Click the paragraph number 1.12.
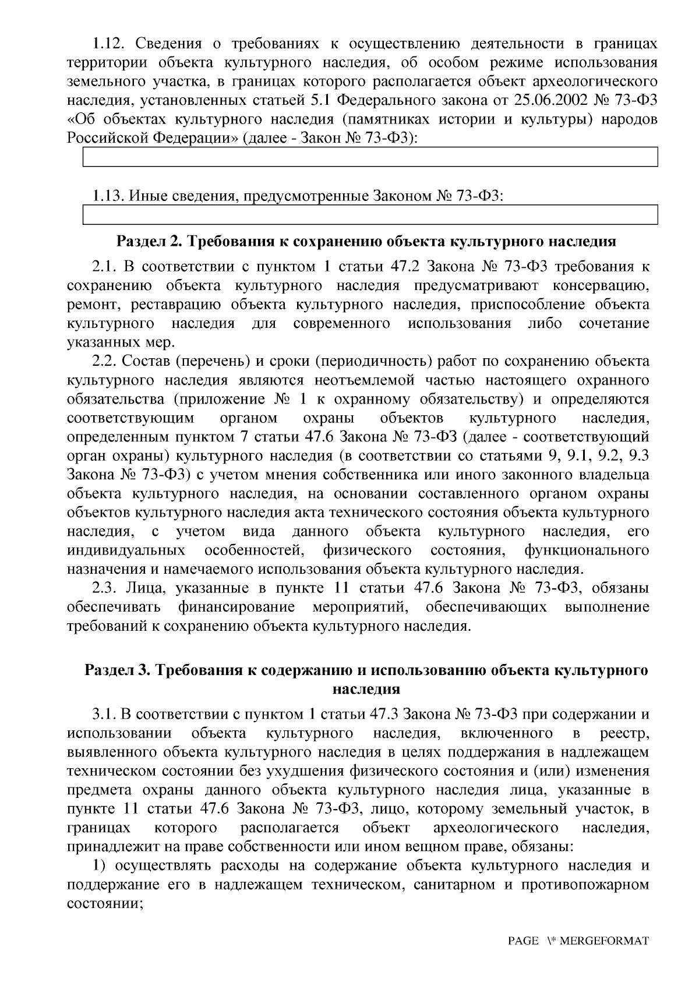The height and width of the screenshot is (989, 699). (x=106, y=44)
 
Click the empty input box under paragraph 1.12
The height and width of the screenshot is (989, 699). (x=370, y=157)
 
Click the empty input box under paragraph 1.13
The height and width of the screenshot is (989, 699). (x=370, y=215)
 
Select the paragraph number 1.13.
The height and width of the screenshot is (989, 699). (x=107, y=196)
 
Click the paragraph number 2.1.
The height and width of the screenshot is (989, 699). (x=105, y=267)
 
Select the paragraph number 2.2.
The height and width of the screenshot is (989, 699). (x=105, y=361)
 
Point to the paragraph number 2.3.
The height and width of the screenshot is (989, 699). (x=105, y=588)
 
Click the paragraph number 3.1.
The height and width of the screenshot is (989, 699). (x=105, y=714)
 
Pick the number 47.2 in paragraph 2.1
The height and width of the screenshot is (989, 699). (x=404, y=267)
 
